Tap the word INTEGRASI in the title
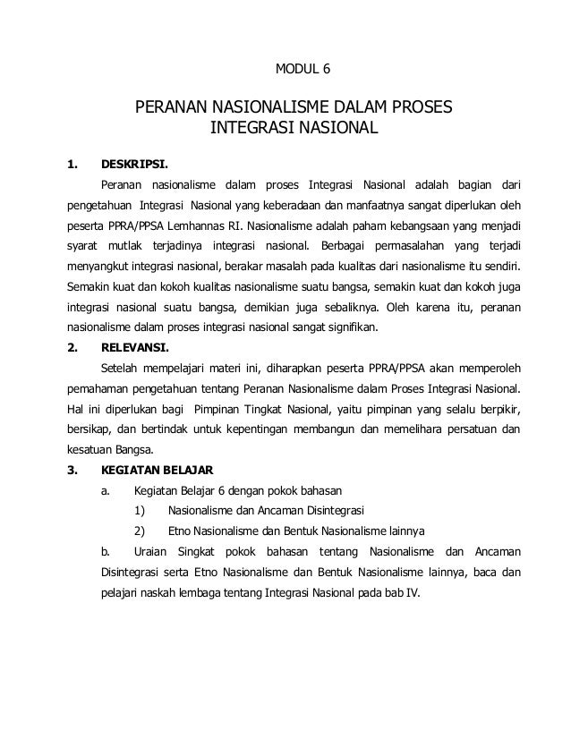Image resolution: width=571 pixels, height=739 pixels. (x=250, y=132)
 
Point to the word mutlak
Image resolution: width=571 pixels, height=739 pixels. (x=127, y=245)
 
